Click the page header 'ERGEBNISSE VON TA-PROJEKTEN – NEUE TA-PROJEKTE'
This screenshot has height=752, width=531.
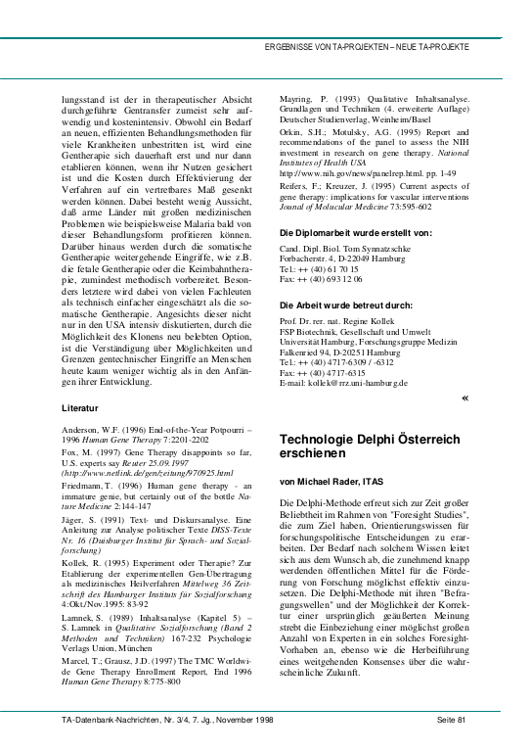(x=368, y=47)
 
